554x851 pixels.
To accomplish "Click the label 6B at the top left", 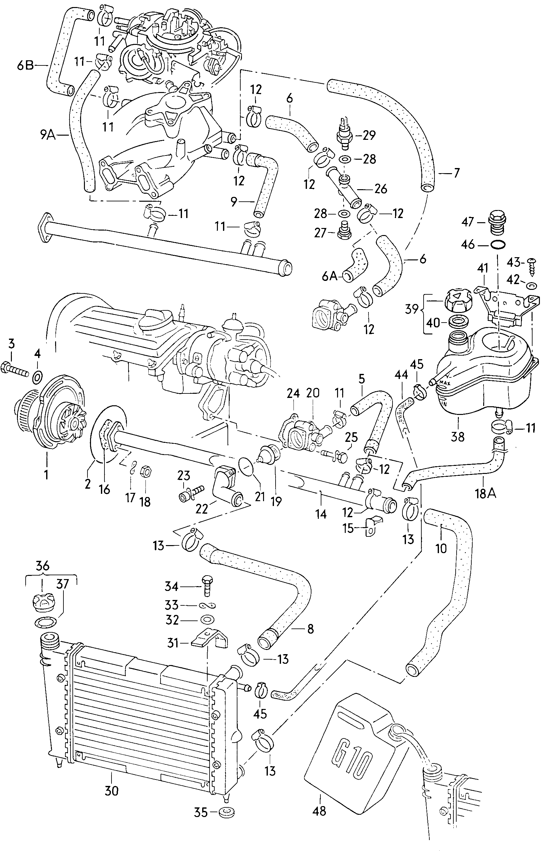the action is point(25,66).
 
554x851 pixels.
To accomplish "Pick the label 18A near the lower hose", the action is point(485,493).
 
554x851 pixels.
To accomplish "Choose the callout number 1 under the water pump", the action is point(46,475).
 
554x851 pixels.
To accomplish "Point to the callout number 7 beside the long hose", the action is point(456,173).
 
